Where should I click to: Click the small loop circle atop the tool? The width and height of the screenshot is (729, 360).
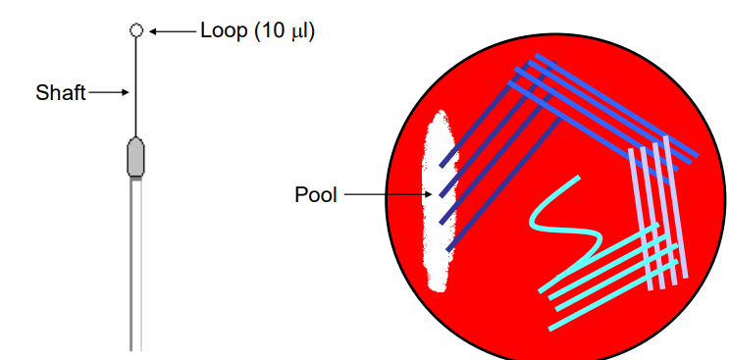coord(136,30)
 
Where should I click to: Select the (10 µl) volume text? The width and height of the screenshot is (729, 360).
coord(285,30)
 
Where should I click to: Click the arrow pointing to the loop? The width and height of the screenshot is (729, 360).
coord(172,31)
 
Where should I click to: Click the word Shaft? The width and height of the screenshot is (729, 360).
coord(60,93)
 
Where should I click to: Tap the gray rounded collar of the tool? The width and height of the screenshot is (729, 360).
coord(136,157)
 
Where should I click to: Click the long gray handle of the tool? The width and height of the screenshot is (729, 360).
coord(136,265)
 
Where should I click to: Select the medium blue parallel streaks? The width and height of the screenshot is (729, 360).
coord(608,108)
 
